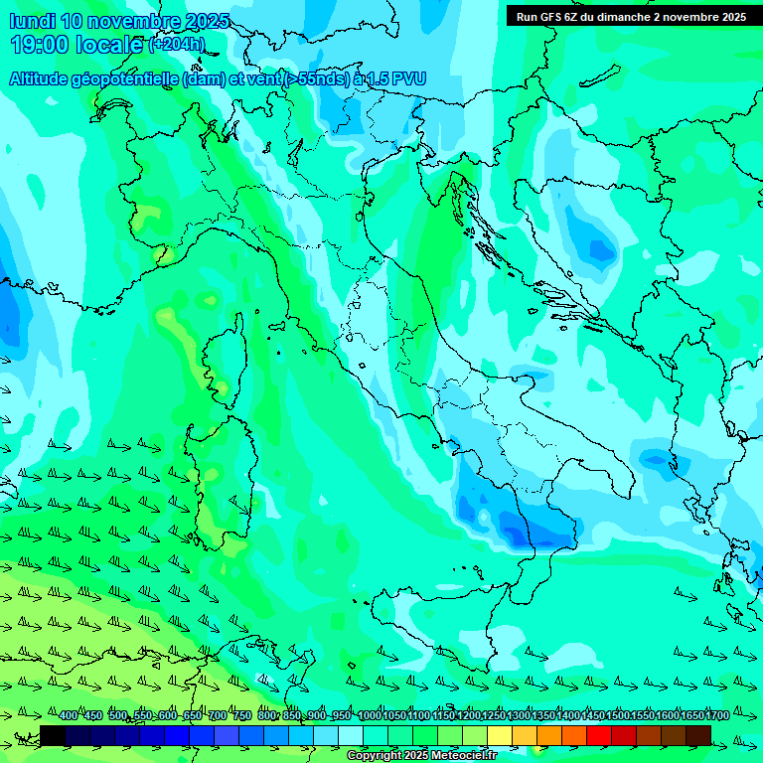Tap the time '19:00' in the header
pos(41,44)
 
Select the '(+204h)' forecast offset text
pos(177,44)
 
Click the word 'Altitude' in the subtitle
pos(44,78)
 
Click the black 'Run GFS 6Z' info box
pos(631,16)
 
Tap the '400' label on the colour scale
pos(69,715)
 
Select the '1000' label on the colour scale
pos(370,715)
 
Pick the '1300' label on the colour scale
pos(519,715)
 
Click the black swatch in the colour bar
pos(53,735)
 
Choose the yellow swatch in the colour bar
pos(500,735)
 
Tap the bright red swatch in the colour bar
pos(599,735)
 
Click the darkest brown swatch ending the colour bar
pos(698,735)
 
